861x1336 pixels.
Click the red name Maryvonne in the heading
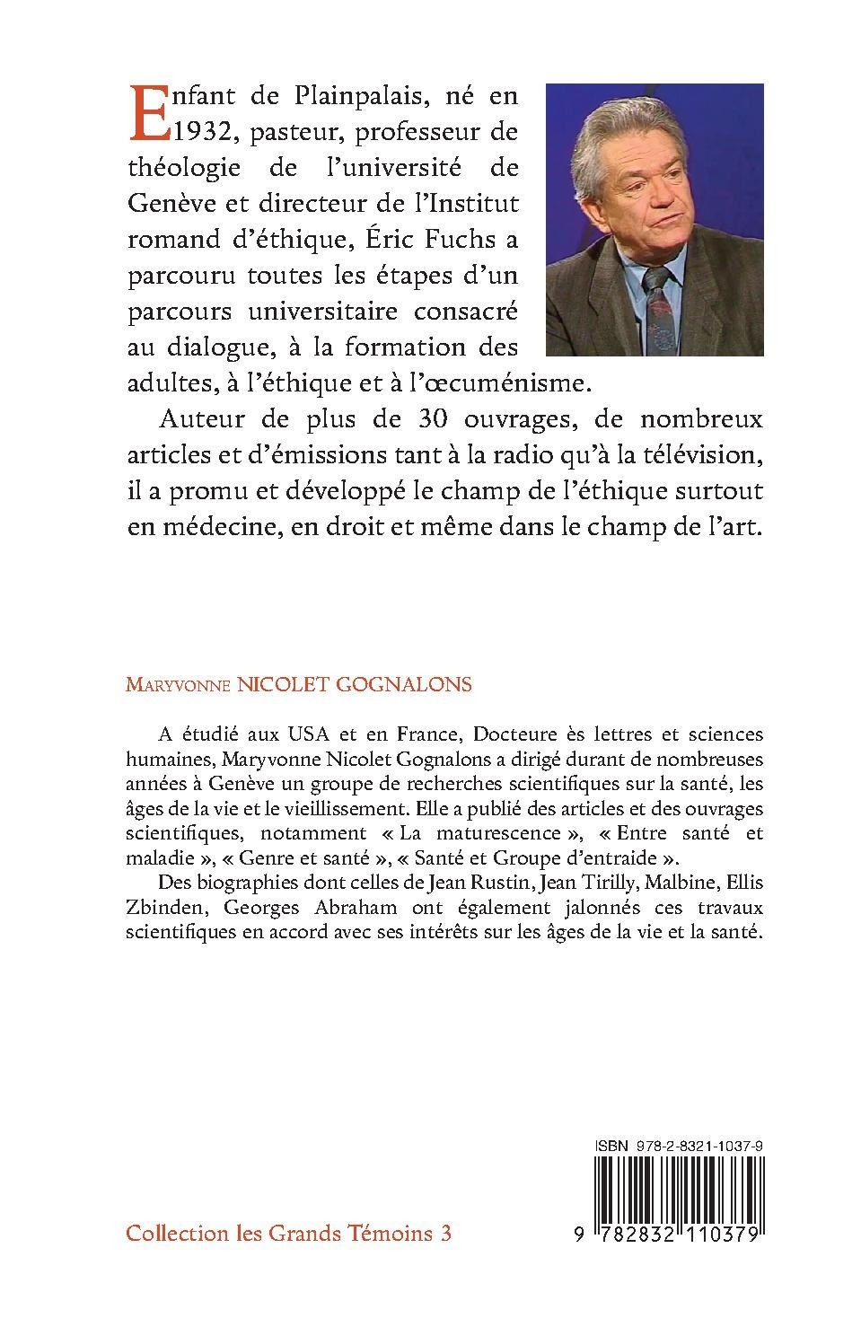click(x=176, y=685)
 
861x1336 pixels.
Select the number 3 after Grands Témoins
click(x=446, y=1234)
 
